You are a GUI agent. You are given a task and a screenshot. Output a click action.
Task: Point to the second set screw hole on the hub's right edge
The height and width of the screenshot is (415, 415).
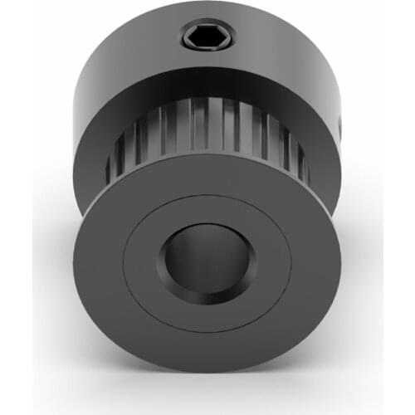340,125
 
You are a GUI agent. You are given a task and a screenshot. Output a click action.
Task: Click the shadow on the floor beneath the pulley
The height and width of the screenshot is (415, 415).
207,390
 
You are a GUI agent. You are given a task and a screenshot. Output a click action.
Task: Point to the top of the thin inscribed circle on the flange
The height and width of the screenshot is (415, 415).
207,198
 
